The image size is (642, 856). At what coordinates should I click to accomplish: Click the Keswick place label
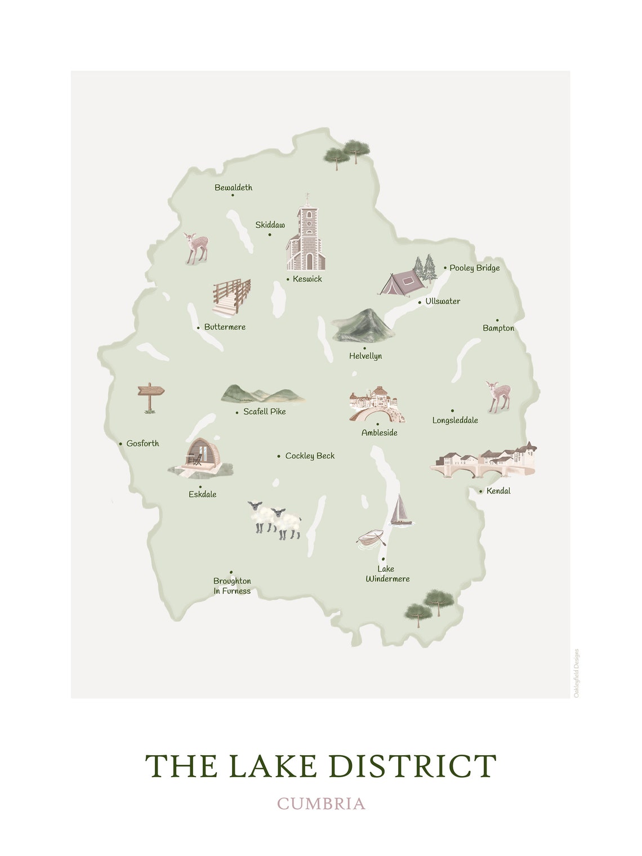pyautogui.click(x=307, y=279)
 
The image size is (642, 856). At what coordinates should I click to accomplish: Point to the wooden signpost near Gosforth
pyautogui.click(x=150, y=396)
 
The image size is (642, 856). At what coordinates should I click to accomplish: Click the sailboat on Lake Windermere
pyautogui.click(x=400, y=510)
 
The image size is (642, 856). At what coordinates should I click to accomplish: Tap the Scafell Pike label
pyautogui.click(x=264, y=412)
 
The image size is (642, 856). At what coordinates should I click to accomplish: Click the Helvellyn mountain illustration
pyautogui.click(x=363, y=326)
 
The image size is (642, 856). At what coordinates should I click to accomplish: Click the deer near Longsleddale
pyautogui.click(x=498, y=396)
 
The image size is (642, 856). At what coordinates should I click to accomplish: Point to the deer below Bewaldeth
pyautogui.click(x=197, y=248)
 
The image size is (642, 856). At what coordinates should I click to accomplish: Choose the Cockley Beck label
pyautogui.click(x=310, y=456)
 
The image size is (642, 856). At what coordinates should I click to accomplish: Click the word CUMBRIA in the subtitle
pyautogui.click(x=321, y=803)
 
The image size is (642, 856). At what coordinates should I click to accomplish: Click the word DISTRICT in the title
pyautogui.click(x=412, y=766)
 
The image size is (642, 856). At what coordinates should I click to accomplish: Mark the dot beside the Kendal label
pyautogui.click(x=480, y=491)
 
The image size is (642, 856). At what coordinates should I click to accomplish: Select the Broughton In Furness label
pyautogui.click(x=232, y=586)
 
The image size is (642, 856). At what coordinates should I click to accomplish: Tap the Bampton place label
pyautogui.click(x=498, y=328)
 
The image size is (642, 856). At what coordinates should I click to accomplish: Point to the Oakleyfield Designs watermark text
pyautogui.click(x=576, y=673)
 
